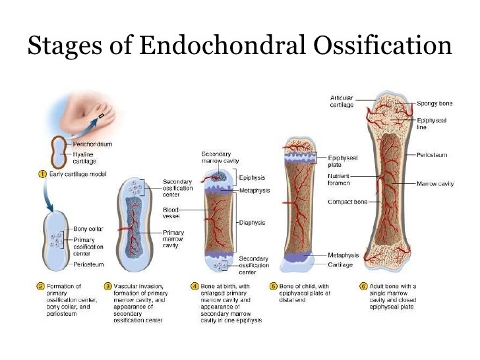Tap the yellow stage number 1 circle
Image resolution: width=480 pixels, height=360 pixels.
click(x=42, y=174)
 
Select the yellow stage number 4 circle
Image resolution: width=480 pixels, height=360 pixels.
click(x=195, y=286)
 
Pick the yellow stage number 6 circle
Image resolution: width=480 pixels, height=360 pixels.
click(x=363, y=286)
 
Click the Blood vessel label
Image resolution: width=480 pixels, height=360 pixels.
click(x=171, y=212)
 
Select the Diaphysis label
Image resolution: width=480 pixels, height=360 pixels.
click(x=251, y=222)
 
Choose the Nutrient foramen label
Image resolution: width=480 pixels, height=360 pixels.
click(x=341, y=179)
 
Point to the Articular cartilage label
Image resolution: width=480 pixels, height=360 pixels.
click(x=342, y=101)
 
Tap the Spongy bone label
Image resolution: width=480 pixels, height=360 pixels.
click(x=435, y=103)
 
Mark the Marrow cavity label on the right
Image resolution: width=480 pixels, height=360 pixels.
click(x=435, y=183)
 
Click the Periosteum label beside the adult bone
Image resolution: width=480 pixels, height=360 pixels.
click(x=432, y=154)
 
